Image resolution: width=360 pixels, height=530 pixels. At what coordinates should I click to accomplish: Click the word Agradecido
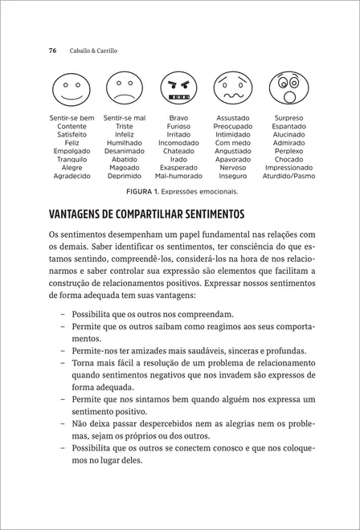(72, 175)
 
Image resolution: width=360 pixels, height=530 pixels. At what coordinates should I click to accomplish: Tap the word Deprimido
(125, 175)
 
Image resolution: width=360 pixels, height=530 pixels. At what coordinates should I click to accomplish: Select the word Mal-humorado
(178, 175)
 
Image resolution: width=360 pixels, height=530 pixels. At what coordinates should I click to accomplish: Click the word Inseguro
(233, 175)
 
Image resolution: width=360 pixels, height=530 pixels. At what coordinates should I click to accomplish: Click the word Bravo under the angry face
(178, 117)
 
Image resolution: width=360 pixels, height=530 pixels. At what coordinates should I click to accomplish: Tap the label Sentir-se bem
(72, 117)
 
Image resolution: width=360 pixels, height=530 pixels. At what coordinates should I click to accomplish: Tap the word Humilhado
(125, 142)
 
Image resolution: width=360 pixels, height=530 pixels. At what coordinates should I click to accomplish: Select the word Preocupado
(233, 126)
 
